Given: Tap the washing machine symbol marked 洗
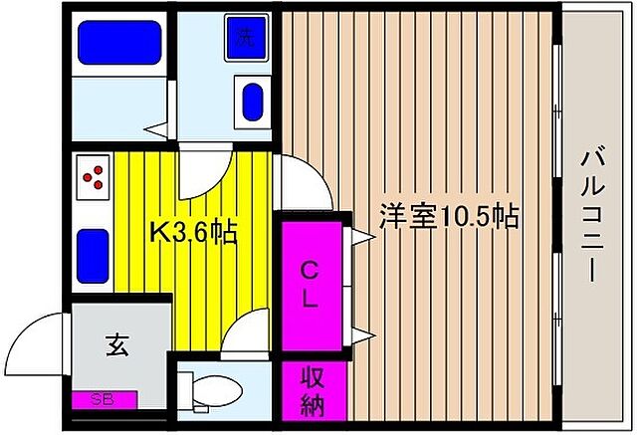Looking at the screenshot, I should pyautogui.click(x=242, y=39).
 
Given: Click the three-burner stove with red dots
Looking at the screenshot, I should pyautogui.click(x=93, y=177).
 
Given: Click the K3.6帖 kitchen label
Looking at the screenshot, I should pyautogui.click(x=192, y=234).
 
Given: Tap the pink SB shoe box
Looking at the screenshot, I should pyautogui.click(x=103, y=399).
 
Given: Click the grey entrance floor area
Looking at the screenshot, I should pyautogui.click(x=119, y=358).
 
